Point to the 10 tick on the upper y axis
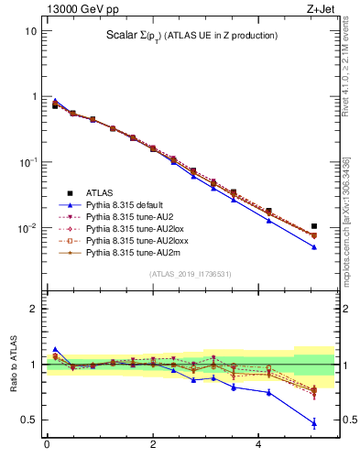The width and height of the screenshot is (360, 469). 30,31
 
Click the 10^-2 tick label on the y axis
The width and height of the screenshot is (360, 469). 28,228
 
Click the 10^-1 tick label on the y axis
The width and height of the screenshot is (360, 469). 28,162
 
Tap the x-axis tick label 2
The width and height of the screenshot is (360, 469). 153,445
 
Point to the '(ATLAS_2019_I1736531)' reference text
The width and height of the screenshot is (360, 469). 188,274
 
